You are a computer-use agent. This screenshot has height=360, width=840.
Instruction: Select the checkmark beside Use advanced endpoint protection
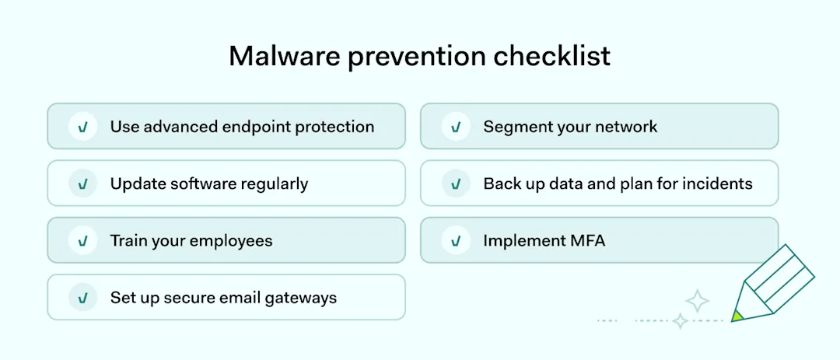82,126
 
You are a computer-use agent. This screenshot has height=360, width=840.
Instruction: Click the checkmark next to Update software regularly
82,183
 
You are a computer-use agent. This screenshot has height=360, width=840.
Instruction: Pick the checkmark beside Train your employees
82,240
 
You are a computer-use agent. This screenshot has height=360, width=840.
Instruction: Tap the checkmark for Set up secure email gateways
82,297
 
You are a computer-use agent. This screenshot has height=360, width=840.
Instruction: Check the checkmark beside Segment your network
456,126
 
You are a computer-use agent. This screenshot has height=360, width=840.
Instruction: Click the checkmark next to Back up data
456,183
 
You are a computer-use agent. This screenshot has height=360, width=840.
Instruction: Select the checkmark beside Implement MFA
456,240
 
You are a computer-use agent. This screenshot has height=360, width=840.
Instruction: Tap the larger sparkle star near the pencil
698,301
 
